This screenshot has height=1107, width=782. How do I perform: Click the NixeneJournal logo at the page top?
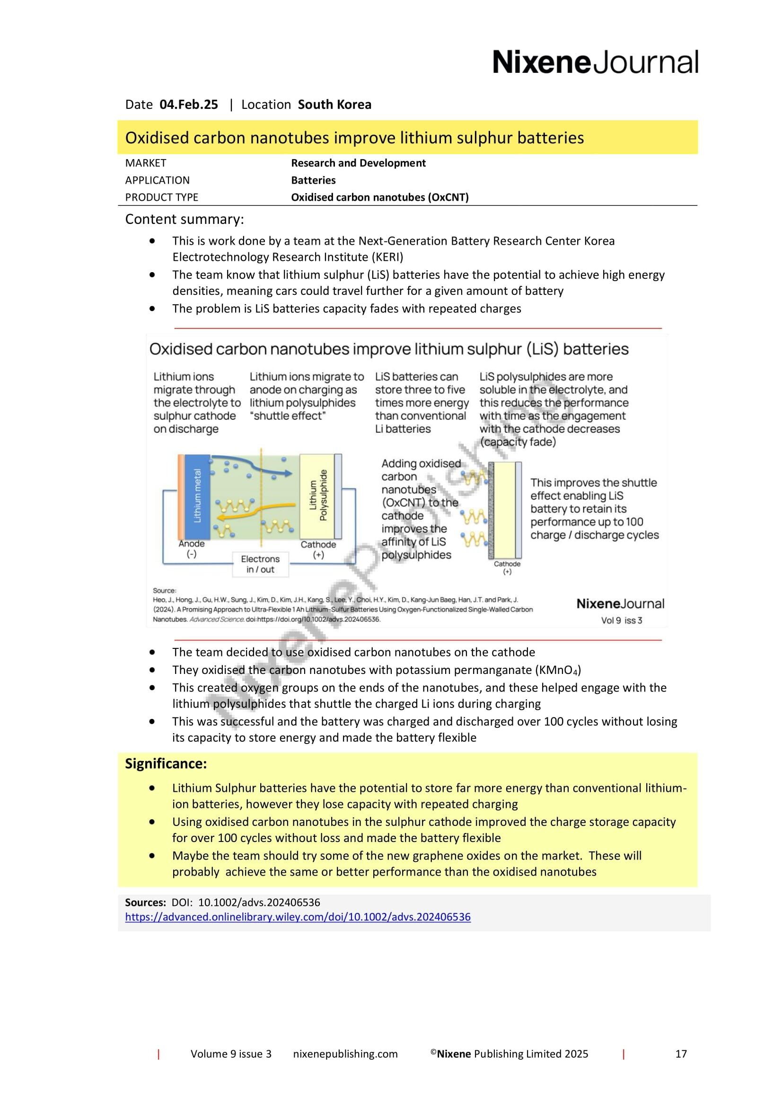(595, 62)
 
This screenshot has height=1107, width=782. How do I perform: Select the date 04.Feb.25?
(188, 105)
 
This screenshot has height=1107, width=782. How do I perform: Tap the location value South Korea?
(334, 105)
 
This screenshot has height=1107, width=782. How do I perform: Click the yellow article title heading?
(354, 138)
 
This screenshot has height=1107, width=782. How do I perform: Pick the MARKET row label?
(146, 163)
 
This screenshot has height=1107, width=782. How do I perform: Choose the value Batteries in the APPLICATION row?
(313, 180)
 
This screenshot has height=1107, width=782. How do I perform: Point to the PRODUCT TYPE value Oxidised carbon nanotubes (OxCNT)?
(380, 197)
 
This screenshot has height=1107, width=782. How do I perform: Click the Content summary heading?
(185, 220)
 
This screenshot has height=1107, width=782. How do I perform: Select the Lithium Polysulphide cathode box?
(317, 496)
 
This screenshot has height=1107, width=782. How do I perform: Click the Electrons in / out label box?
(260, 564)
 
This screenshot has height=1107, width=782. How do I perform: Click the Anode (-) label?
(192, 549)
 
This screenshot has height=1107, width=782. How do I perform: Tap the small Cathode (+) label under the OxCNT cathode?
(507, 567)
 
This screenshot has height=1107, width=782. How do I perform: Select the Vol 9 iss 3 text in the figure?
(621, 620)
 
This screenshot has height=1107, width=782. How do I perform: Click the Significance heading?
(166, 764)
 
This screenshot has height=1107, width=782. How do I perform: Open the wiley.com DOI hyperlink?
(298, 917)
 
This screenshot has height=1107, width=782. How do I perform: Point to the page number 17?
(681, 1054)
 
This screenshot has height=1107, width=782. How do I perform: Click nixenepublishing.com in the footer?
(345, 1054)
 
